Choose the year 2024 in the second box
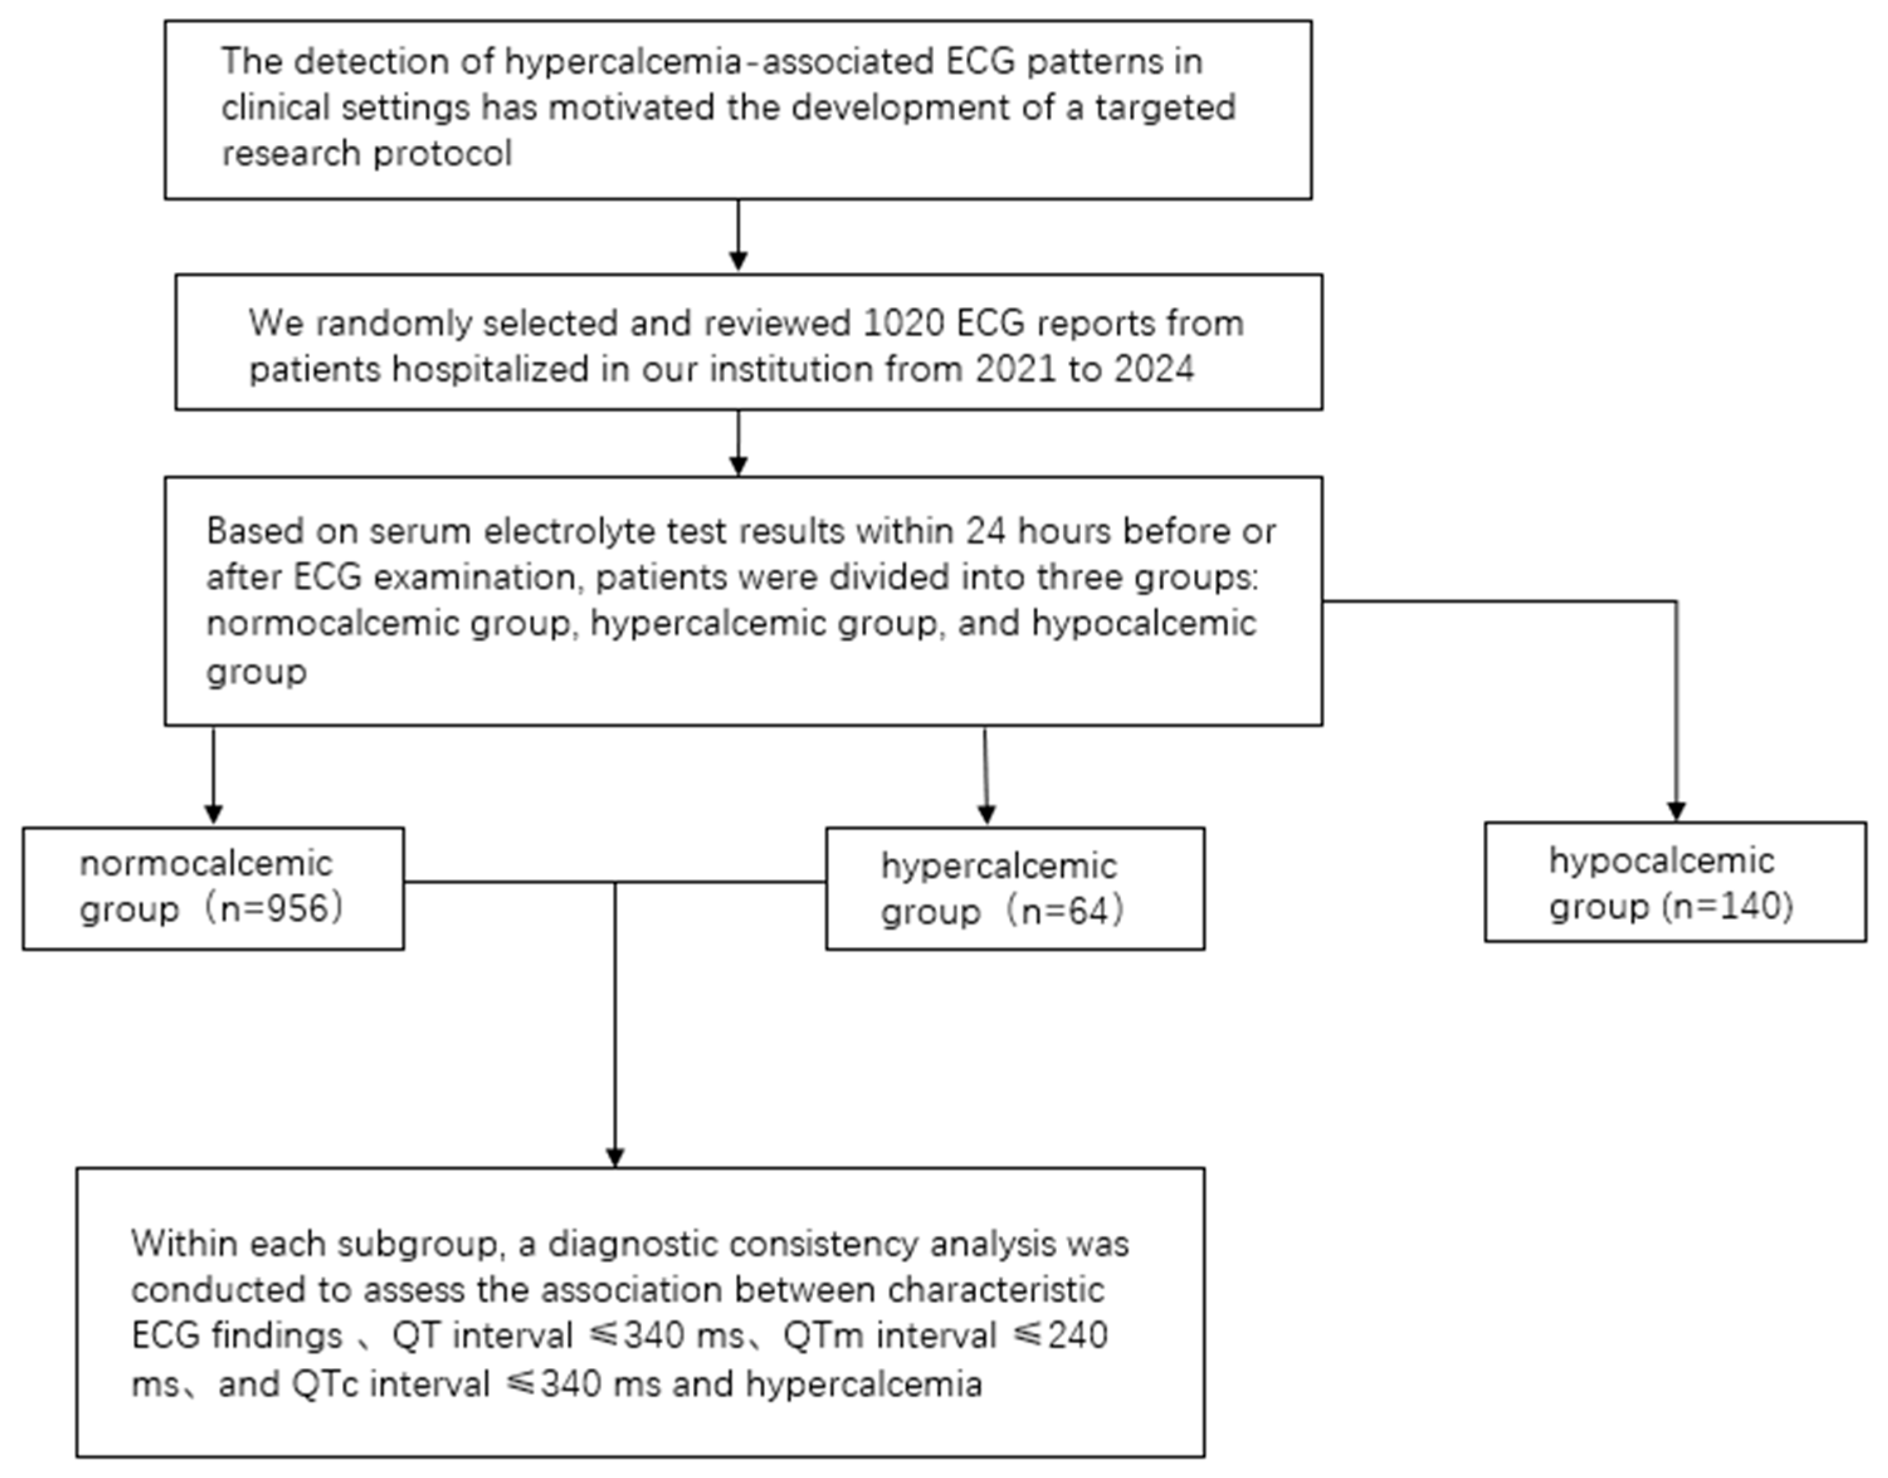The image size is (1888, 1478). (1154, 369)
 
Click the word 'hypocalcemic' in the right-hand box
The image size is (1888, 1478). (1661, 861)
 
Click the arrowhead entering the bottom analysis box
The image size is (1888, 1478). (615, 1157)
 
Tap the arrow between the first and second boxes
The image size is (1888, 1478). (737, 257)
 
